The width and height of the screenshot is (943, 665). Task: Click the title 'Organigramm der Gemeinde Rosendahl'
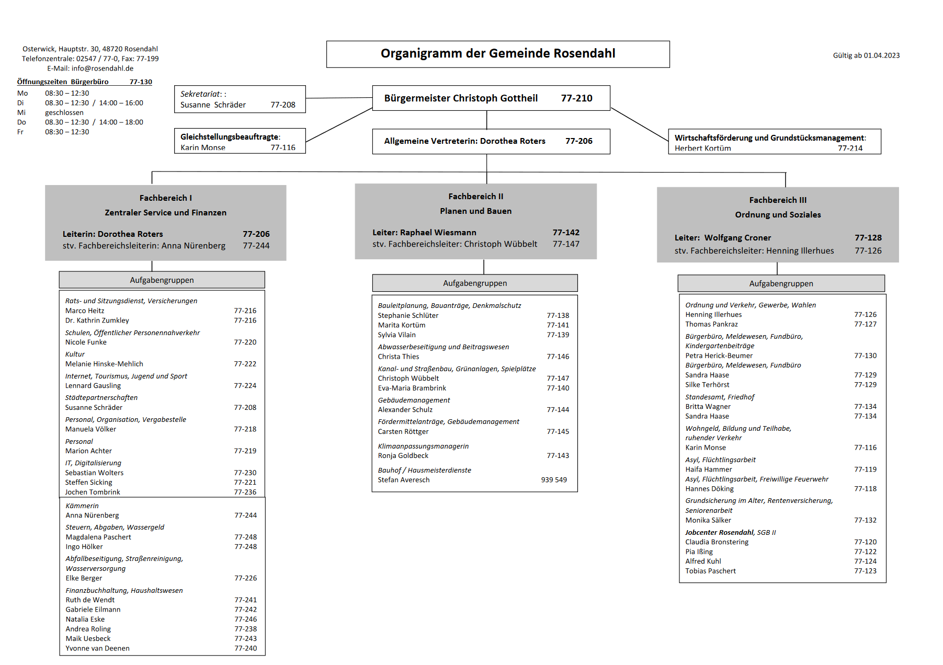tap(497, 53)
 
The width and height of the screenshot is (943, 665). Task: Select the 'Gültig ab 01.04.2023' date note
tap(866, 55)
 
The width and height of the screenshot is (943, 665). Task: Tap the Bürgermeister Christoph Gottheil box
tap(491, 98)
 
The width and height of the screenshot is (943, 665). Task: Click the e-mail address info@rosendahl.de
tap(103, 68)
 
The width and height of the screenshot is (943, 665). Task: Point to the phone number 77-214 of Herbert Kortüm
tap(850, 148)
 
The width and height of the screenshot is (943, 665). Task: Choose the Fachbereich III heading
tap(778, 200)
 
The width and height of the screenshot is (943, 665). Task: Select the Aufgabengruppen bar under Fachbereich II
tap(475, 283)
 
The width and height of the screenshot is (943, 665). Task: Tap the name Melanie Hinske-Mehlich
tap(104, 364)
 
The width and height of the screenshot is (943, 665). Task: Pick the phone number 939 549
tap(554, 480)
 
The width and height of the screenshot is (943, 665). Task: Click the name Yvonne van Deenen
tap(97, 648)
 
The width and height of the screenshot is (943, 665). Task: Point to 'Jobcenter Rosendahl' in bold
tap(720, 533)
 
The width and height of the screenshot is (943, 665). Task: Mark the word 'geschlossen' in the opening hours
tap(64, 113)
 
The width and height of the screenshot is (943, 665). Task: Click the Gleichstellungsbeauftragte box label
tap(230, 137)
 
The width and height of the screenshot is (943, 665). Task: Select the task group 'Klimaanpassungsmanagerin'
tap(423, 446)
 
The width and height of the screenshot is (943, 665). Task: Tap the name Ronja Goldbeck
tap(403, 456)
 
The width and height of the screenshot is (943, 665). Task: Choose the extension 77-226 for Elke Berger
tap(245, 578)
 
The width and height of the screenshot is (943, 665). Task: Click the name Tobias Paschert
tap(710, 571)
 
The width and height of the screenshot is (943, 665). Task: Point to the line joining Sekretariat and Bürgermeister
tap(339, 98)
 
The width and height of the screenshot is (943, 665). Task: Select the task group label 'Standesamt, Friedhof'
tap(720, 397)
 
